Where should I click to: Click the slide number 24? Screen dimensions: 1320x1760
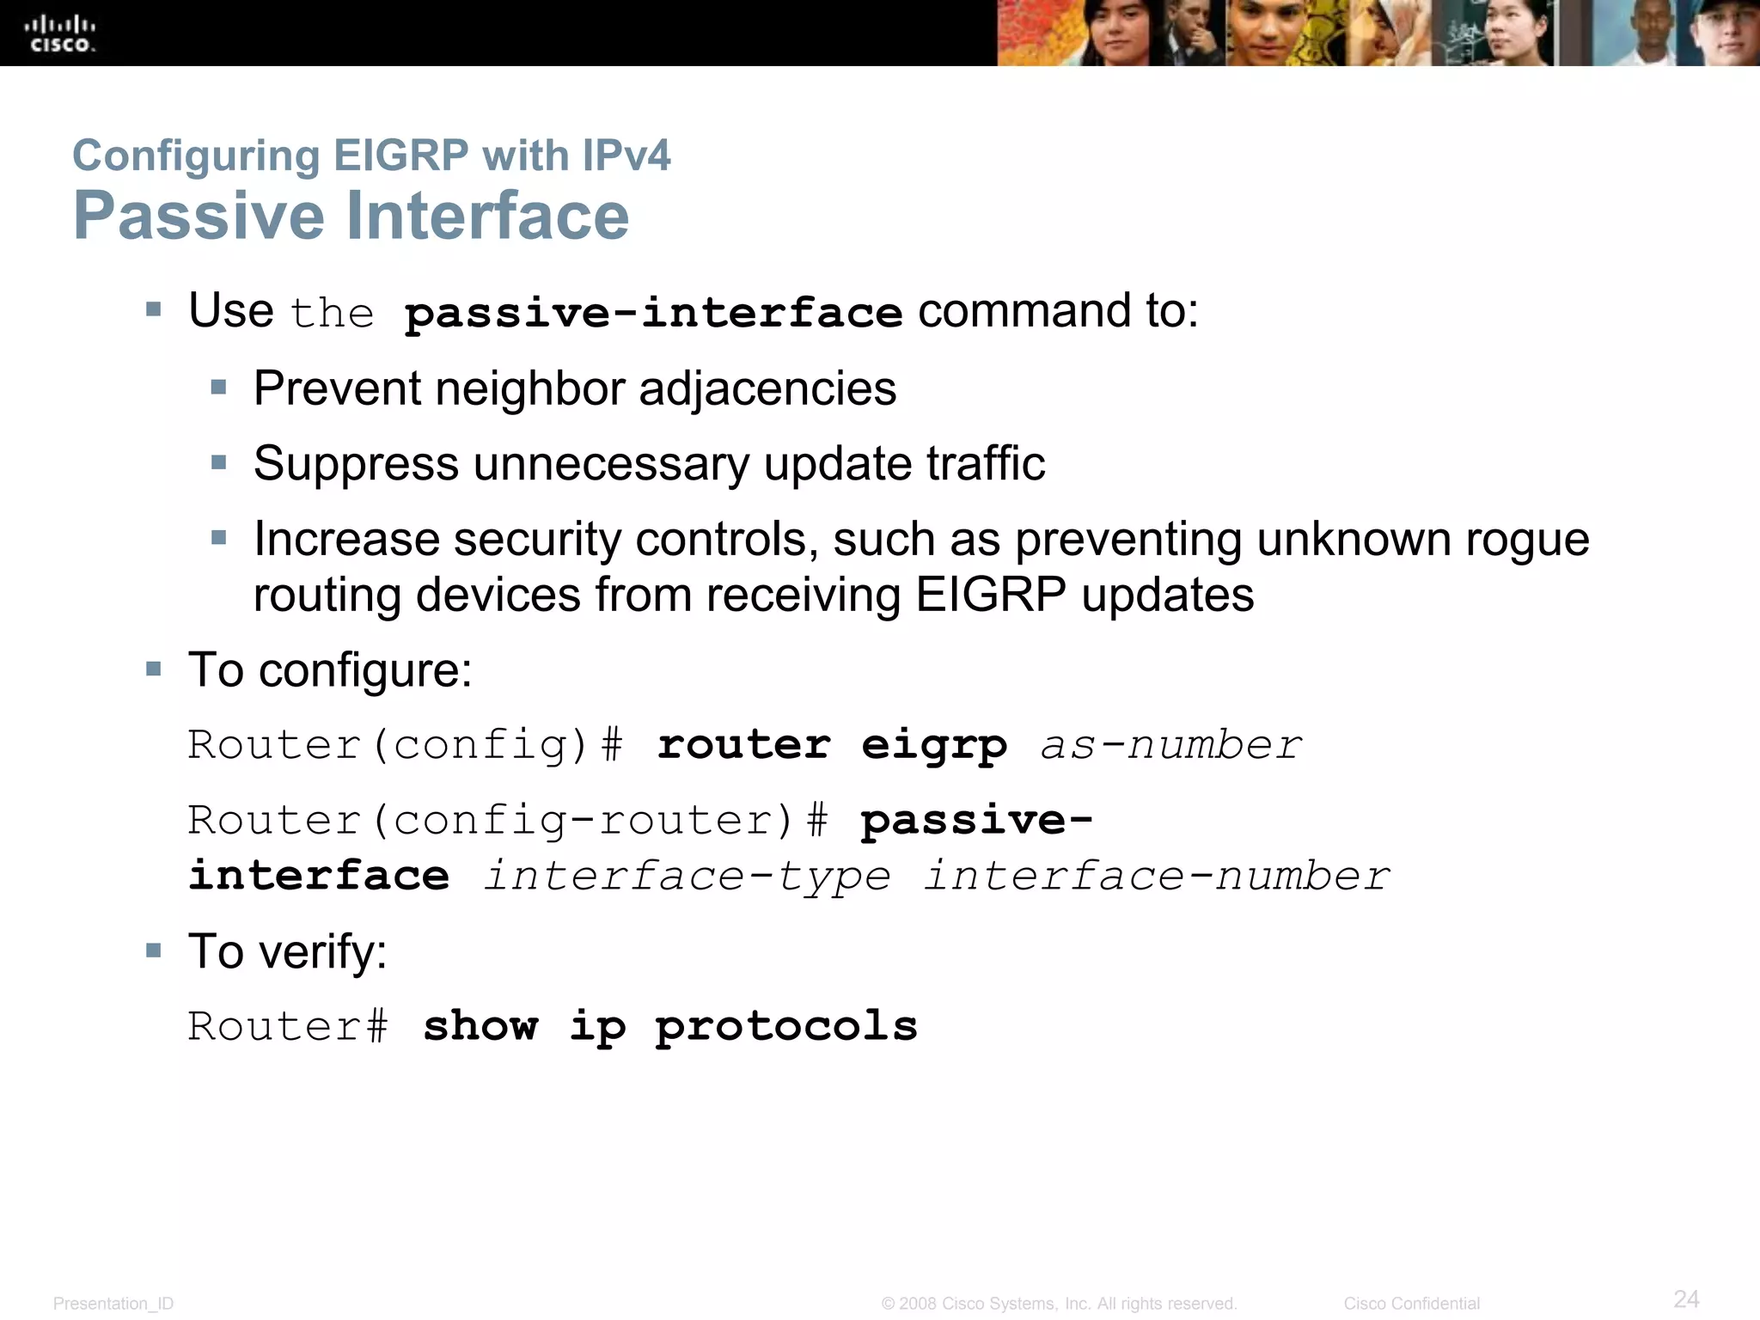pyautogui.click(x=1686, y=1299)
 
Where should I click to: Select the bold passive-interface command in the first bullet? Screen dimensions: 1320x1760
pyautogui.click(x=653, y=312)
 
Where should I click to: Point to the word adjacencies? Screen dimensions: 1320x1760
pyautogui.click(x=767, y=388)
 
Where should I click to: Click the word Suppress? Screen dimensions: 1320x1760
pyautogui.click(x=356, y=464)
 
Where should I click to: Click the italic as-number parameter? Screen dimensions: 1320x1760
pyautogui.click(x=1171, y=745)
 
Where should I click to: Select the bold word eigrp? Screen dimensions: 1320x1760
pyautogui.click(x=934, y=745)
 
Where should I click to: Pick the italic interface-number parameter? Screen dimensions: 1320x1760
pyautogui.click(x=1157, y=877)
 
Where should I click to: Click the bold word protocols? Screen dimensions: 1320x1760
pyautogui.click(x=786, y=1026)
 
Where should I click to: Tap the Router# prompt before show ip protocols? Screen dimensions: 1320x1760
pyautogui.click(x=288, y=1026)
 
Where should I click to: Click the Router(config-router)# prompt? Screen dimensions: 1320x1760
pyautogui.click(x=507, y=821)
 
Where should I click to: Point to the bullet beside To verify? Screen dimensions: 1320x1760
pyautogui.click(x=154, y=950)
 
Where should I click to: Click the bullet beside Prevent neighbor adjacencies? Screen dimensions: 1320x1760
pyautogui.click(x=219, y=388)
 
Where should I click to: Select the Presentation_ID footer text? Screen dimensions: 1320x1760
pyautogui.click(x=113, y=1304)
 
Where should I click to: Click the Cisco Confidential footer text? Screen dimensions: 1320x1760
pyautogui.click(x=1411, y=1304)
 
